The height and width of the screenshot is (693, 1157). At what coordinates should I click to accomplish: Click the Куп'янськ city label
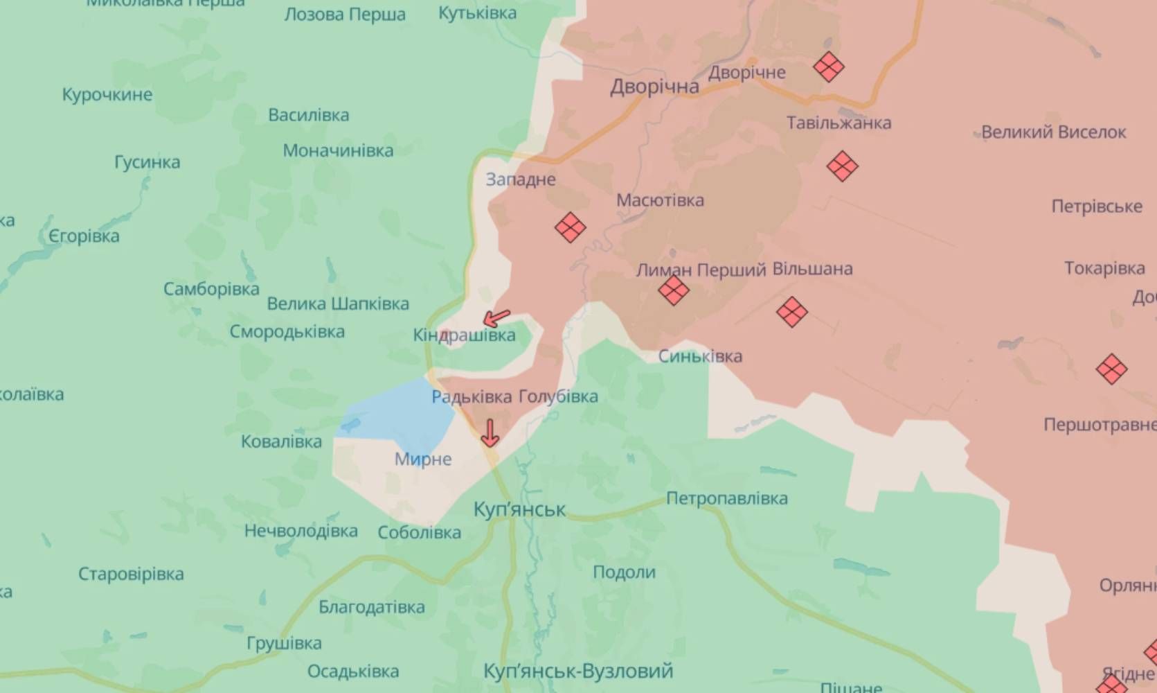(x=519, y=509)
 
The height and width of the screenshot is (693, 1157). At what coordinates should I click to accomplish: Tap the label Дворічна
(x=654, y=87)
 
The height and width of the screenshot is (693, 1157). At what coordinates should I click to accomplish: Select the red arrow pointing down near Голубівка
(x=490, y=432)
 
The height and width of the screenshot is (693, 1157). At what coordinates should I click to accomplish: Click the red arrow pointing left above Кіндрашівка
(x=496, y=318)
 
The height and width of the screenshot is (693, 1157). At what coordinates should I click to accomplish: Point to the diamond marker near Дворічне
(x=828, y=67)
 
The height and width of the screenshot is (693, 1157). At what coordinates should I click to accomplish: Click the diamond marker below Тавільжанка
(x=842, y=166)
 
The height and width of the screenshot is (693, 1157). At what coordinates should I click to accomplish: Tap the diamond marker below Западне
(x=571, y=227)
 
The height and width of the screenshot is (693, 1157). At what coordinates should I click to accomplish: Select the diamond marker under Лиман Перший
(x=674, y=290)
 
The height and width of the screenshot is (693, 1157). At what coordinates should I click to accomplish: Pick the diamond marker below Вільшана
(x=792, y=312)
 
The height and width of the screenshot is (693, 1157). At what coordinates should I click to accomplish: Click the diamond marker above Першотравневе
(x=1111, y=369)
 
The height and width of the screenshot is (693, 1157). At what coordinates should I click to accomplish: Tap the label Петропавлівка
(x=726, y=498)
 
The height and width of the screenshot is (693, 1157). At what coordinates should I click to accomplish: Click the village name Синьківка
(x=700, y=356)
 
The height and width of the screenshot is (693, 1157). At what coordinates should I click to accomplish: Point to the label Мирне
(x=423, y=459)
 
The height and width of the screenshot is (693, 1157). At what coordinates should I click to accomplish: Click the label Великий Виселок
(x=1053, y=132)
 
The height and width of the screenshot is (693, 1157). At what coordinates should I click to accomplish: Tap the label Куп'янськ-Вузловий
(x=578, y=671)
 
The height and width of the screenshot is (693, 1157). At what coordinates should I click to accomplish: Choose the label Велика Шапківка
(x=338, y=304)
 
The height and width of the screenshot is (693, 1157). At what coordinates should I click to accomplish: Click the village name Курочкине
(x=107, y=94)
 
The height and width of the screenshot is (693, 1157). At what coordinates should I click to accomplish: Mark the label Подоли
(x=624, y=572)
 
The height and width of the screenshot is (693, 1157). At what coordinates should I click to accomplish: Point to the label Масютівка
(x=660, y=200)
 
